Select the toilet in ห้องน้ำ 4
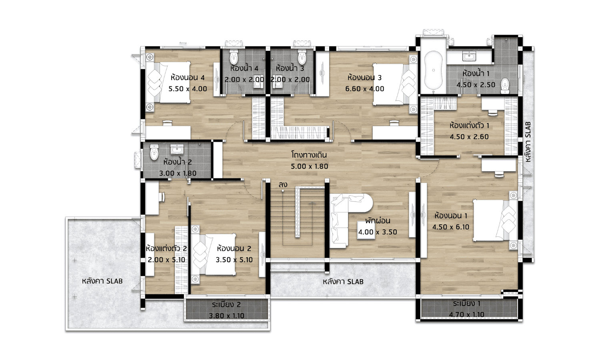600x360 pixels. tap(234, 56)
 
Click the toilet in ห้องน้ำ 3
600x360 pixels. tap(302, 56)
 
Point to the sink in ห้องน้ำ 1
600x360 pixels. tap(469, 56)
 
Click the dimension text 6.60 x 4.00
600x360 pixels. tap(364, 89)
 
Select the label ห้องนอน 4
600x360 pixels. tap(188, 78)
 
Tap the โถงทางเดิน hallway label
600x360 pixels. tap(309, 155)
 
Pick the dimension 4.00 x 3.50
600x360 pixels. tap(378, 232)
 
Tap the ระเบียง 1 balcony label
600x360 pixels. tap(467, 304)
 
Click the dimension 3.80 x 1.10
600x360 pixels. tap(227, 316)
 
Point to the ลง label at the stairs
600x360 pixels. tap(283, 184)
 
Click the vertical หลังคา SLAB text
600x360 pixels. tap(528, 142)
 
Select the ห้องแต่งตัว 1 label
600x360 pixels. tap(469, 125)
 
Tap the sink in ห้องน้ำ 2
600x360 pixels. tap(177, 149)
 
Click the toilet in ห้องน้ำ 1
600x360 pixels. tap(505, 86)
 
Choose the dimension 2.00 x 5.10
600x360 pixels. tap(166, 260)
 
